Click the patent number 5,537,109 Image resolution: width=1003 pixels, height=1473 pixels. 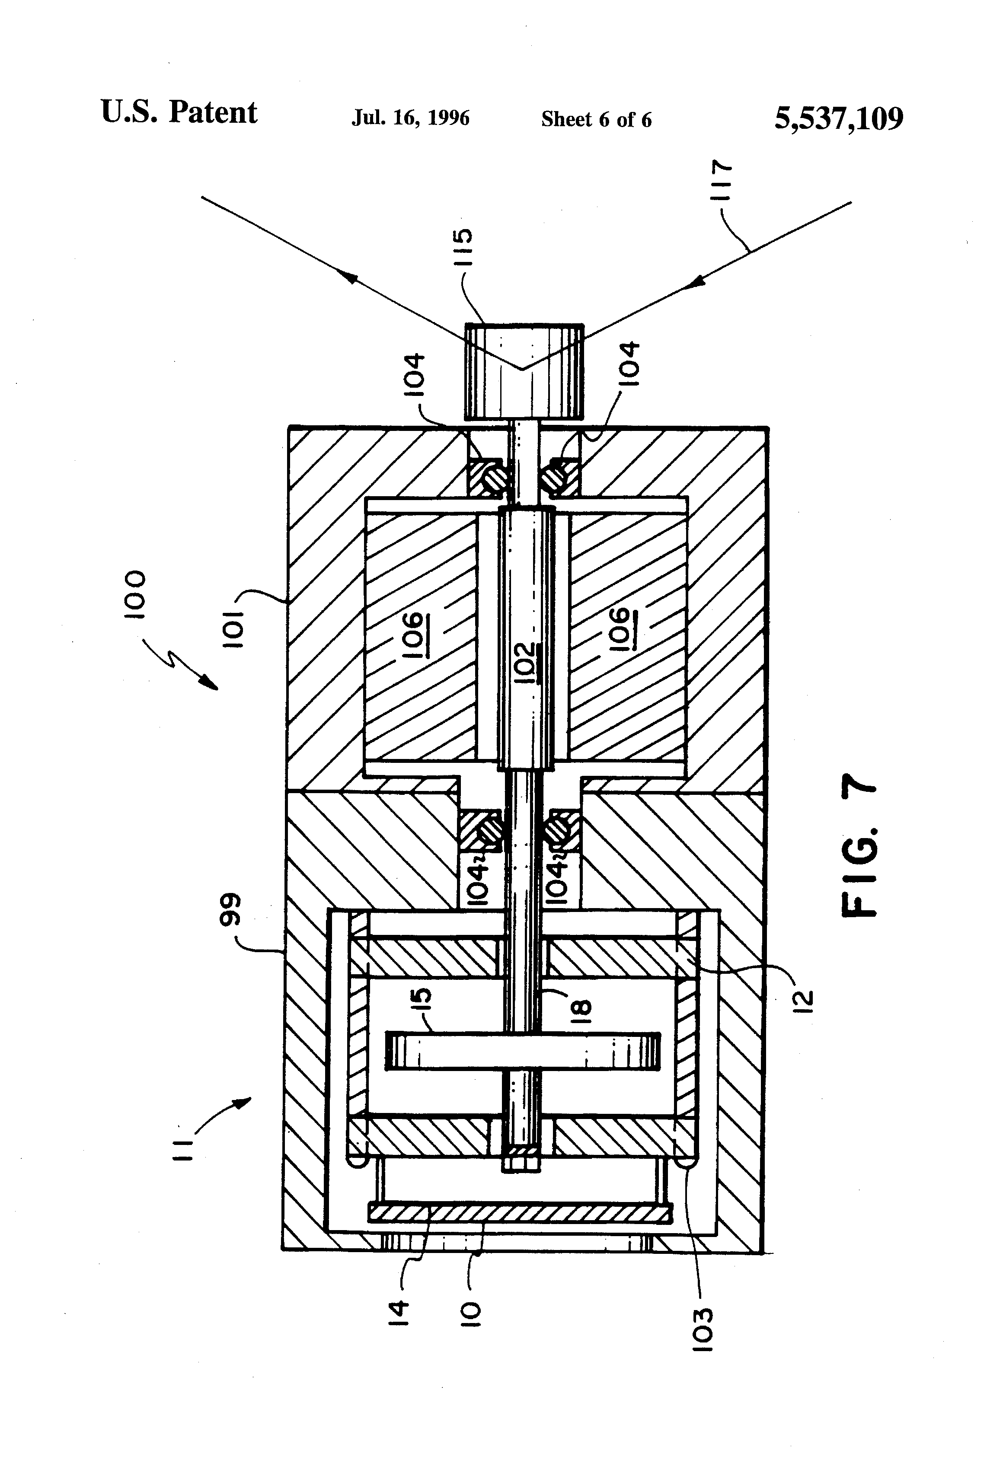(839, 118)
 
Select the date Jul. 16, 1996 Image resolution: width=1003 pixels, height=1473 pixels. (411, 118)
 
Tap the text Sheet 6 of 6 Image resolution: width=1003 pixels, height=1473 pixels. (596, 119)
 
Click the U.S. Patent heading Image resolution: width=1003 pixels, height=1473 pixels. (179, 112)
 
